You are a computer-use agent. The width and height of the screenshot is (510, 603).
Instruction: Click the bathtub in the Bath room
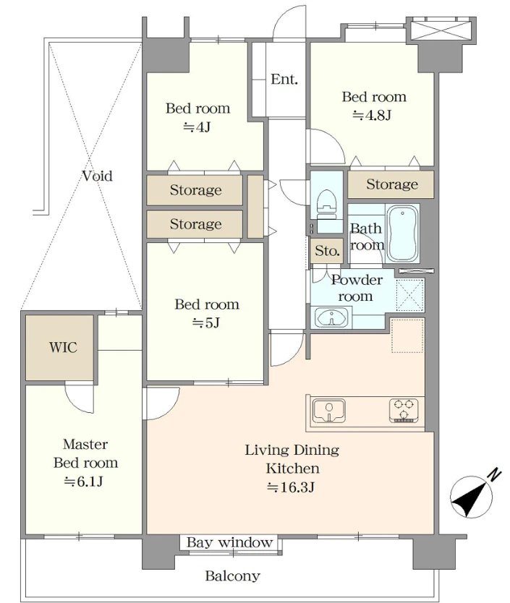tap(402, 233)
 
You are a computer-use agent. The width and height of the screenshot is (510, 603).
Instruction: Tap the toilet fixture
tap(327, 205)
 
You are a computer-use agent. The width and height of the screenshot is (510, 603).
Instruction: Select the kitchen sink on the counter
tap(328, 411)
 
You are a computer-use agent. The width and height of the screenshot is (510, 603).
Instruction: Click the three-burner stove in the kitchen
tap(404, 411)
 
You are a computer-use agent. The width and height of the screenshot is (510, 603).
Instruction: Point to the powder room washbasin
tap(331, 318)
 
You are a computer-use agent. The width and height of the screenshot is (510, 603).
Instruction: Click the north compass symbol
tap(472, 497)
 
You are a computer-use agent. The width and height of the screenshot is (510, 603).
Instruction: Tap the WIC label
tap(63, 347)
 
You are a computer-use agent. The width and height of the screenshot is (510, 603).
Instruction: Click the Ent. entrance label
tap(284, 80)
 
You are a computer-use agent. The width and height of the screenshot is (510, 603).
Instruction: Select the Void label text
tap(98, 176)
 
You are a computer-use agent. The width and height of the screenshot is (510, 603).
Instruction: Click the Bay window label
tap(229, 542)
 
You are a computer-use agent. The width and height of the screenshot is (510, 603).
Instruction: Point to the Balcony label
tap(232, 576)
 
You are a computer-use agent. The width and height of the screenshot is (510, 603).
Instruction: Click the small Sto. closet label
tap(327, 251)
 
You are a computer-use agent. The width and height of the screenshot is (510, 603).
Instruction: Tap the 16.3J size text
tap(292, 487)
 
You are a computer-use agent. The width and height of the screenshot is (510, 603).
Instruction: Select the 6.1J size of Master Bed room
tap(83, 481)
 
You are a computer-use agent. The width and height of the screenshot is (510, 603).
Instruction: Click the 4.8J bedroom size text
tap(372, 115)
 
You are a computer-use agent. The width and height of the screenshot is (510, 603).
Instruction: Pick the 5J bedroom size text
tap(206, 323)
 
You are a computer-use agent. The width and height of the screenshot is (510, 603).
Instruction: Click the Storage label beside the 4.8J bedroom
tap(392, 184)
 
